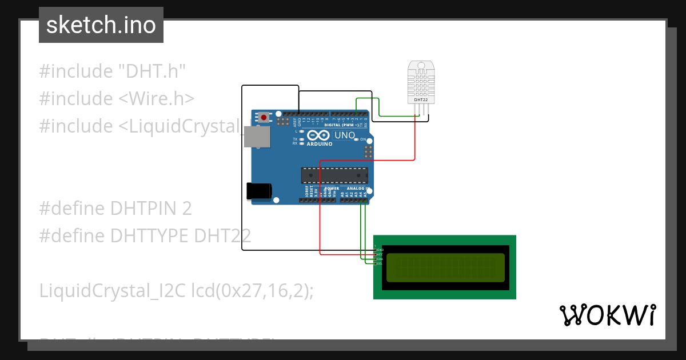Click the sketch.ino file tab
(x=101, y=25)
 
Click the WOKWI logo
(x=607, y=315)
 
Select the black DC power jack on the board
(x=258, y=191)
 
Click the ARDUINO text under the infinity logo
(x=320, y=144)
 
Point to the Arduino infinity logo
(x=318, y=135)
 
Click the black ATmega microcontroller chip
(x=334, y=175)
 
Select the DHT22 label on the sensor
(x=421, y=100)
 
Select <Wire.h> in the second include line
(x=157, y=99)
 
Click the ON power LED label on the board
(x=363, y=139)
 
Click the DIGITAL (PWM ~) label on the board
(x=341, y=125)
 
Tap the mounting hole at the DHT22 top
(x=421, y=66)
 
